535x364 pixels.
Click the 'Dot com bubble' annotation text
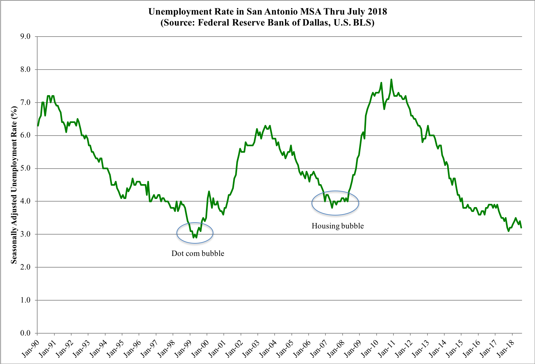click(198, 253)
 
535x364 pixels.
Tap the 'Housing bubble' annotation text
click(337, 226)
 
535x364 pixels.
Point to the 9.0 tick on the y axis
click(25, 37)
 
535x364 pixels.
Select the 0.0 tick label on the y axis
click(25, 333)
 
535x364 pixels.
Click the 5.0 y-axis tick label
click(25, 168)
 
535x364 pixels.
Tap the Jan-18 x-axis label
click(506, 348)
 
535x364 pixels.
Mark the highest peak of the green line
click(391, 79)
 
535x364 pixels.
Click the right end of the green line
click(521, 227)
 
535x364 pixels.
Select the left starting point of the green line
click(38, 126)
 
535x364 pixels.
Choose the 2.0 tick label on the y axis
click(25, 267)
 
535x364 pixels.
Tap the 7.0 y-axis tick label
click(25, 103)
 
